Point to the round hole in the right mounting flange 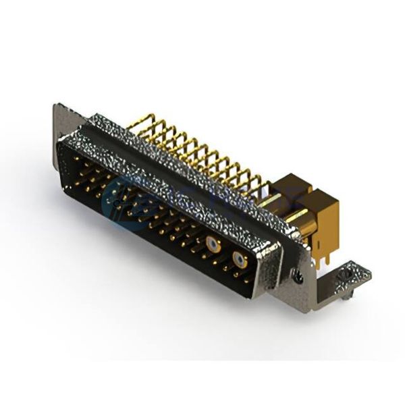[297, 273]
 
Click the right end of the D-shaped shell [270, 270]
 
